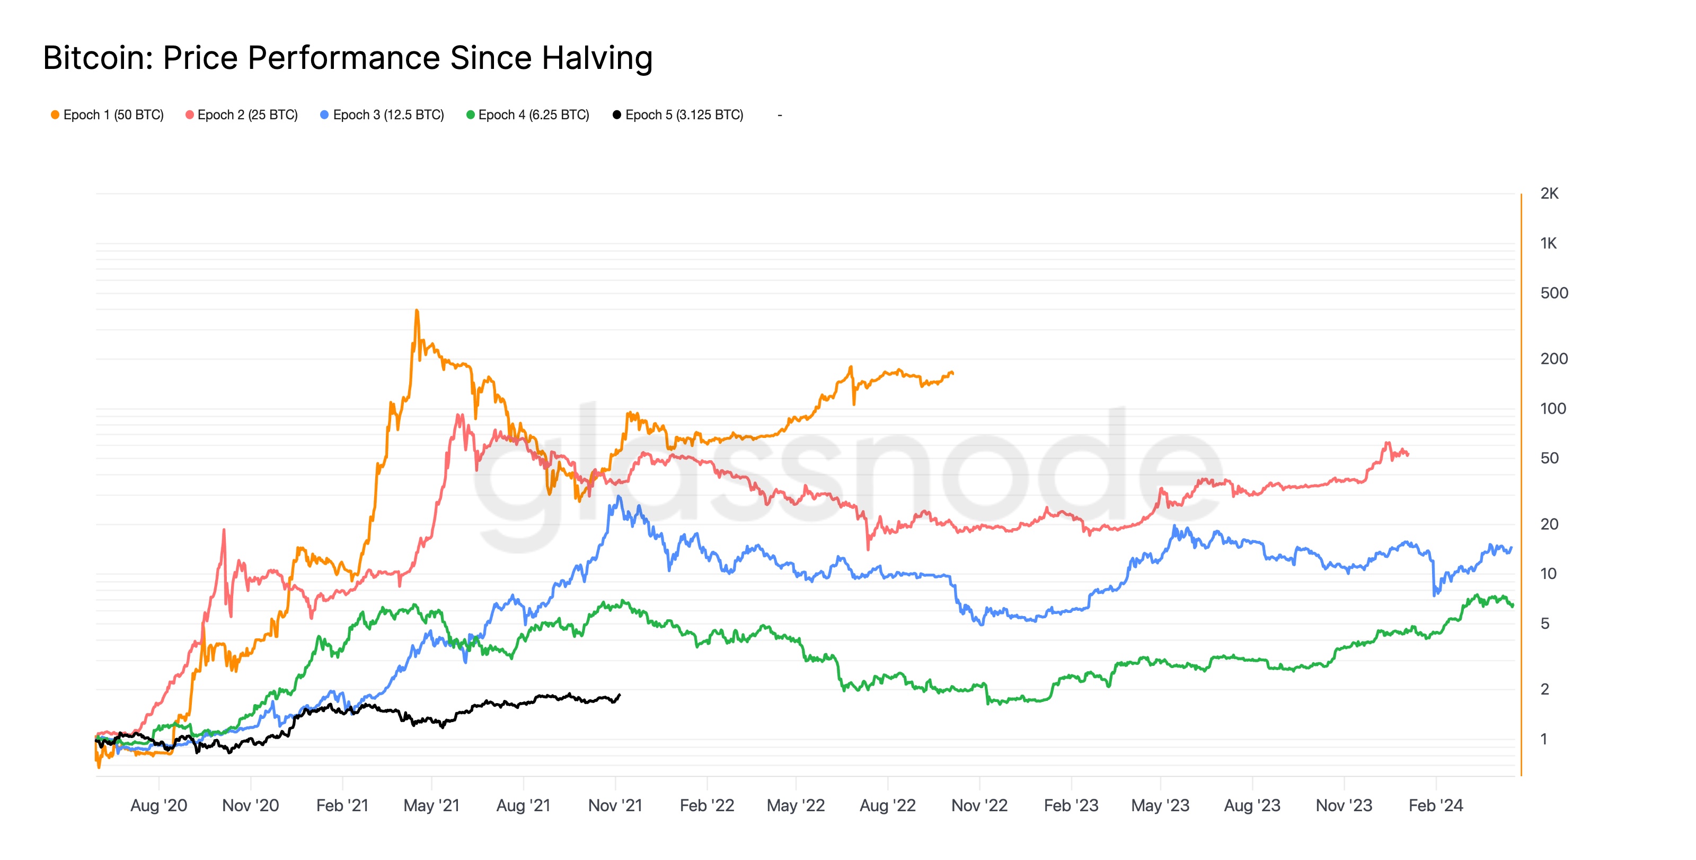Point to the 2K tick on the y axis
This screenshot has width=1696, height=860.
click(1549, 194)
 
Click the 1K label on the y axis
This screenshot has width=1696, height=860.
click(1549, 244)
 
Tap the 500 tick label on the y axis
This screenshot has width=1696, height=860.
click(1554, 293)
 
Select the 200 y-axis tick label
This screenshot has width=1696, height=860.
click(1554, 359)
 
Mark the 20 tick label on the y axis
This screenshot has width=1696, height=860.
click(1549, 524)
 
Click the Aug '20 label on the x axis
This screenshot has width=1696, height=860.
click(158, 805)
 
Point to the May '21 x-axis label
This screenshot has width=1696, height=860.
click(431, 805)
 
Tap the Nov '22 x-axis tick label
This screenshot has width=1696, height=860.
click(979, 805)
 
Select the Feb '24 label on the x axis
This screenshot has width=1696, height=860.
click(1435, 805)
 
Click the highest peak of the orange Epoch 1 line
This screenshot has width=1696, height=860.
click(417, 310)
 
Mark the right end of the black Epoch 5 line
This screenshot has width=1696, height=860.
click(620, 695)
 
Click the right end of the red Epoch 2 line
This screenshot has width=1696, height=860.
click(1408, 454)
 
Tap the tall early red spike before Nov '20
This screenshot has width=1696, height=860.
click(224, 530)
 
